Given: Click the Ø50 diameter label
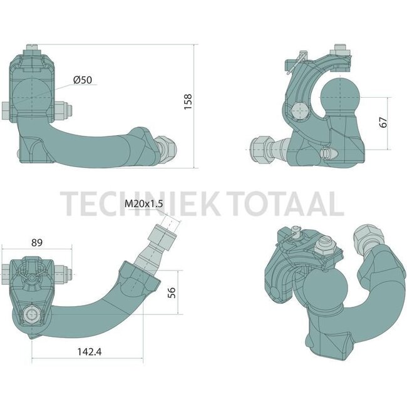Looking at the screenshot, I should (83, 80).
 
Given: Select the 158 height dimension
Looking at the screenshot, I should (188, 101).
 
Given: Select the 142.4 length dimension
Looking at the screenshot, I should (90, 351).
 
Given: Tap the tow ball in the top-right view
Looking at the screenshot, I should (338, 98).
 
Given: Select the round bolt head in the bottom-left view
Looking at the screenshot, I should (30, 314).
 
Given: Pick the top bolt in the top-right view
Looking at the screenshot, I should (341, 49).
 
